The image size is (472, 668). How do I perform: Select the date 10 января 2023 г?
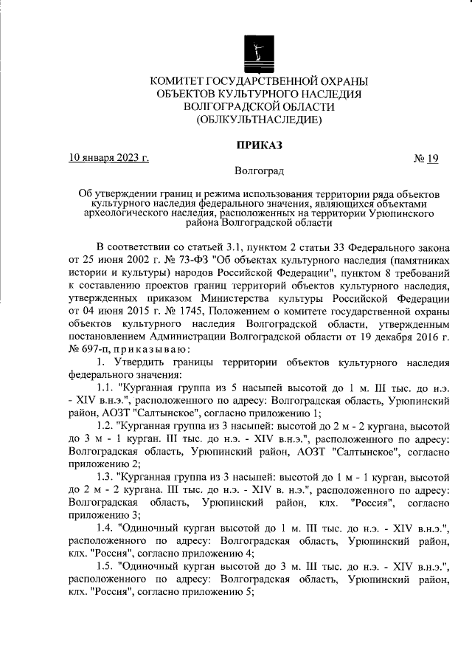(108, 157)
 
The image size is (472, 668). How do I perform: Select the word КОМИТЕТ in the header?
(182, 80)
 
